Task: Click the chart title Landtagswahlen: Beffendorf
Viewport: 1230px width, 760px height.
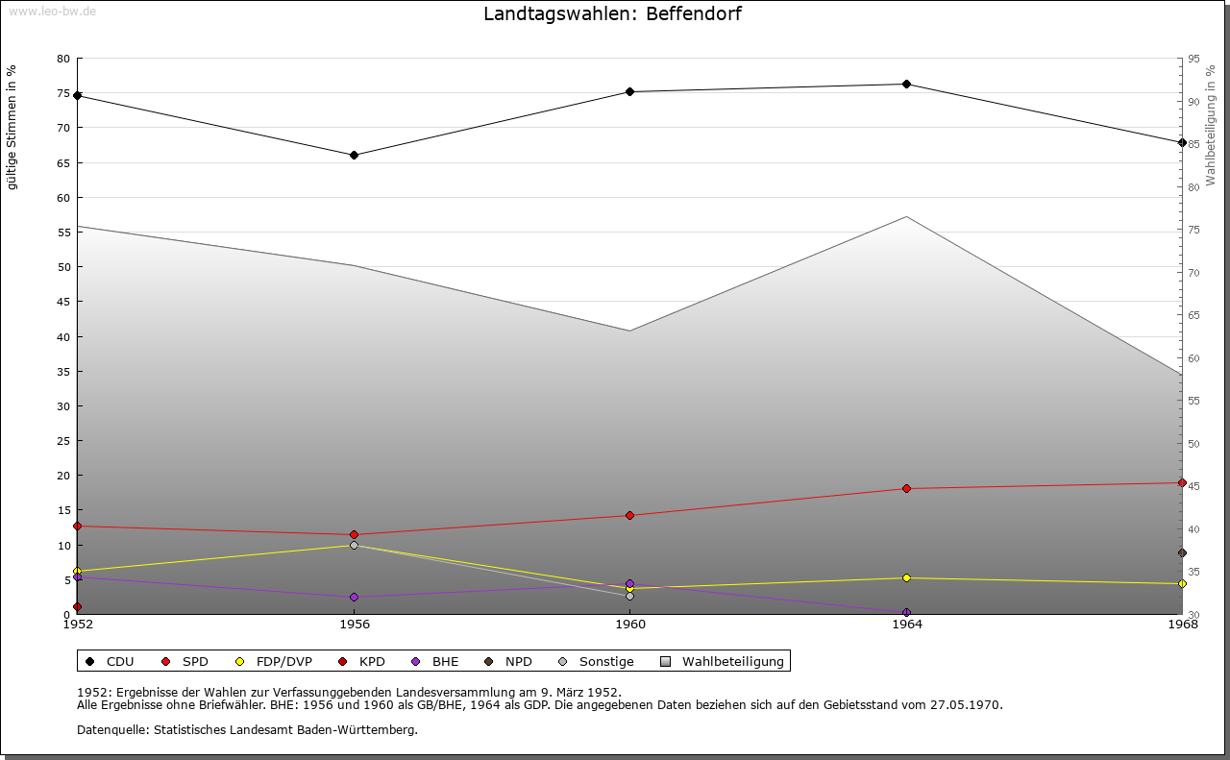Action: [612, 13]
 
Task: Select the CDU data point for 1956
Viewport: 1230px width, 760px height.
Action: [354, 155]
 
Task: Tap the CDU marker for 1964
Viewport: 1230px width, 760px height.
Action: [906, 85]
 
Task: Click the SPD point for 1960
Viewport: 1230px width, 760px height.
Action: [629, 515]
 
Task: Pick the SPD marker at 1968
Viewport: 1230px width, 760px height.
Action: [1182, 482]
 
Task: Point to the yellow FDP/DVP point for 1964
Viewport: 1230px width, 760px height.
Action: [906, 577]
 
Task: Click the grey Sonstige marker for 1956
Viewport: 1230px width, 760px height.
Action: [354, 545]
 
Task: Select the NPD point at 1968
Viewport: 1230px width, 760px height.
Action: [1182, 552]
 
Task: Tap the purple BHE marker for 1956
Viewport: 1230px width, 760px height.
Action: [354, 597]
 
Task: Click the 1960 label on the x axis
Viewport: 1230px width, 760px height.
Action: [629, 625]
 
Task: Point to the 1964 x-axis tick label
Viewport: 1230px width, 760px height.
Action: [906, 625]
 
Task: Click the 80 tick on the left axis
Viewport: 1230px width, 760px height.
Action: [63, 59]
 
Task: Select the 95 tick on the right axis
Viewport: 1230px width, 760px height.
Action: [1193, 59]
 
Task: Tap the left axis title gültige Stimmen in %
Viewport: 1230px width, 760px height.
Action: [12, 128]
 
